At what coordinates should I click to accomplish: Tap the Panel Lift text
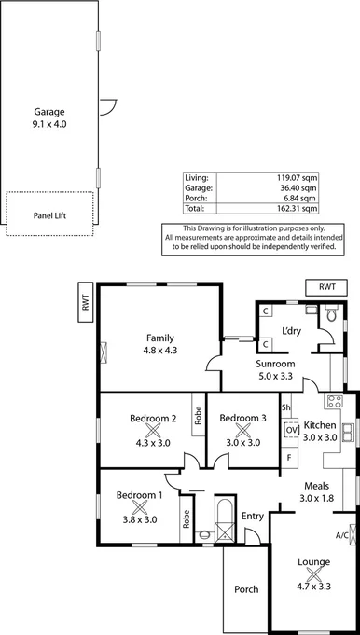point(49,215)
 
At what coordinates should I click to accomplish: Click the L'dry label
point(291,331)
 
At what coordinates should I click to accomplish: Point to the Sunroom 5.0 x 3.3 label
point(276,369)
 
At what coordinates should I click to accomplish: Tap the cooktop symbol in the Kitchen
point(335,404)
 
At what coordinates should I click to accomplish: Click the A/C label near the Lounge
point(343,535)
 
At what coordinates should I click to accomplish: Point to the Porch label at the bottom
point(246,589)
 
